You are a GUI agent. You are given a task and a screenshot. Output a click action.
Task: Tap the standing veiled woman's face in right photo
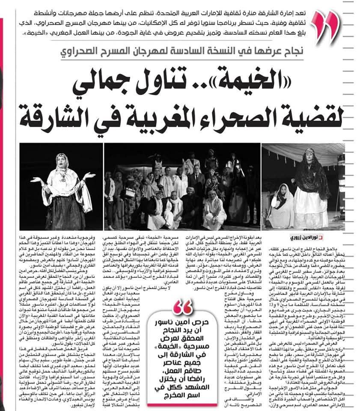pos(309,158)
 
